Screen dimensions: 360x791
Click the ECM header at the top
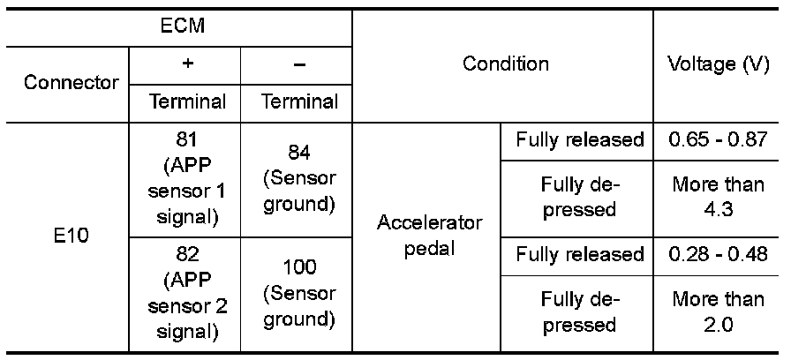(x=182, y=25)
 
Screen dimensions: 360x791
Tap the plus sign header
(x=187, y=65)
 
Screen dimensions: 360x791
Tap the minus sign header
(x=299, y=65)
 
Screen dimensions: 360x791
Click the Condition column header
(x=506, y=64)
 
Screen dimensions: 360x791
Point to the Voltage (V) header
(x=719, y=64)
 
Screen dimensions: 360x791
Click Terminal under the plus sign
(x=186, y=101)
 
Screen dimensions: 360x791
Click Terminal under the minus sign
(x=299, y=101)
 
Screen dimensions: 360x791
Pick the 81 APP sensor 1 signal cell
(x=186, y=179)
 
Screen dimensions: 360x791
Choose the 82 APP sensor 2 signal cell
(x=186, y=293)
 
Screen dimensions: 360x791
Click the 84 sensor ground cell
(x=299, y=179)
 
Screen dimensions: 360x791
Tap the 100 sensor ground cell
(x=299, y=293)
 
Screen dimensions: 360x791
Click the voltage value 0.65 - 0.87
(x=719, y=140)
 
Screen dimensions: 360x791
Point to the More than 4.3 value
(x=719, y=199)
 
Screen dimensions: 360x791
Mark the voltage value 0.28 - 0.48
(x=719, y=255)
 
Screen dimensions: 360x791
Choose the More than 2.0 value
(x=719, y=311)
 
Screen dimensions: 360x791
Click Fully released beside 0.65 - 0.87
(x=580, y=140)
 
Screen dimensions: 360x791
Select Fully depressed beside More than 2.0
(x=580, y=311)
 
